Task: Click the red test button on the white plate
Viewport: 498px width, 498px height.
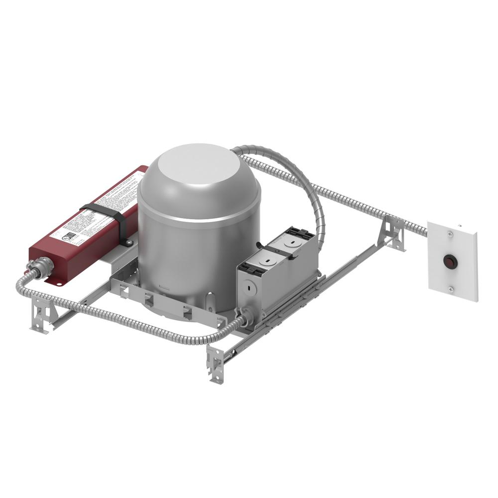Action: pyautogui.click(x=450, y=260)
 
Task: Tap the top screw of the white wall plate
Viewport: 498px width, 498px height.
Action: pyautogui.click(x=451, y=232)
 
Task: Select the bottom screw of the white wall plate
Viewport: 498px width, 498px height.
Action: pyautogui.click(x=451, y=289)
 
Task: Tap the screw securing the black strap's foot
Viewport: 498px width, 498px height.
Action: pyautogui.click(x=129, y=243)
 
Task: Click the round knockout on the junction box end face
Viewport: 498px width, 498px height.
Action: pyautogui.click(x=248, y=287)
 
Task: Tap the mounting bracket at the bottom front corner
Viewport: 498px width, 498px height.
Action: pyautogui.click(x=215, y=363)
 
